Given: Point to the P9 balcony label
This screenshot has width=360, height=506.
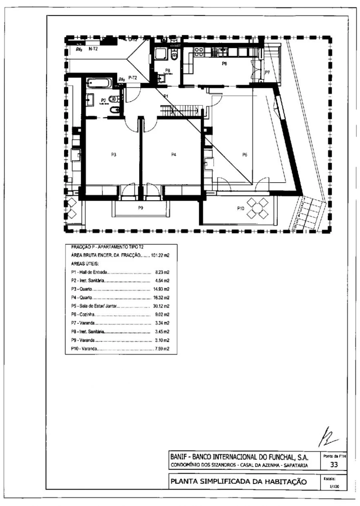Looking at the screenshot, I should click(141, 208).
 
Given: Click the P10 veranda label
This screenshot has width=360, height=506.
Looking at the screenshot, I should click(240, 208).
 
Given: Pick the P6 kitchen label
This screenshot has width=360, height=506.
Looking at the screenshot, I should click(225, 63).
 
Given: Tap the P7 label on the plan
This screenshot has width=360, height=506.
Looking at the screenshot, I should click(267, 72).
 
